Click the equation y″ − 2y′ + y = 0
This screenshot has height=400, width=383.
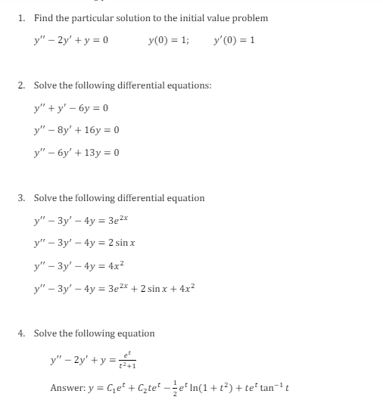[71, 40]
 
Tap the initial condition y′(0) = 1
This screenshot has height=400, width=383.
[235, 40]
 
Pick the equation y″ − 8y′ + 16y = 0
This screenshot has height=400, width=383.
[76, 130]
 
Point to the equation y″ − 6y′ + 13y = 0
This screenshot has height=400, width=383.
[76, 153]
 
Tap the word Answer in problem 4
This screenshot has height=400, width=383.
[67, 388]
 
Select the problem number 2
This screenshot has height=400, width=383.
[21, 85]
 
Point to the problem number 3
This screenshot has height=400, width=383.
[21, 198]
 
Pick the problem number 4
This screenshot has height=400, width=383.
[21, 333]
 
